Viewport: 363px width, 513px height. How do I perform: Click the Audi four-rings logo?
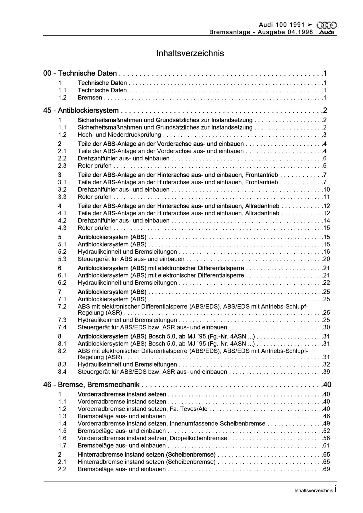coord(326,25)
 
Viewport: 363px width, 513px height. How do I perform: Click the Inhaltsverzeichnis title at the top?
coord(190,53)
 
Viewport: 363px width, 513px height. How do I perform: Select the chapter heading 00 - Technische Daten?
coord(80,73)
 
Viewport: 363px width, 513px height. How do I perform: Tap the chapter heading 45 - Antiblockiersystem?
coord(81,110)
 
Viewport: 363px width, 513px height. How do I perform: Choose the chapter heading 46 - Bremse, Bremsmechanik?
coord(91,384)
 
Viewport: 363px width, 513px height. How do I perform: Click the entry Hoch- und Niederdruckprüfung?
coord(119,135)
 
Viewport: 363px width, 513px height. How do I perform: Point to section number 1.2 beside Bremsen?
coord(62,98)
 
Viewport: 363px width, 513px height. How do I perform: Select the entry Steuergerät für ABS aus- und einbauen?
coord(131,259)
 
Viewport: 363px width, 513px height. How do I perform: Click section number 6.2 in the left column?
coord(62,283)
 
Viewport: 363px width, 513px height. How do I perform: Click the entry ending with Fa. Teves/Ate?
coord(143,409)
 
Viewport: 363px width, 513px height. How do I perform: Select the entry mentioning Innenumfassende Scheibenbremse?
coord(171,423)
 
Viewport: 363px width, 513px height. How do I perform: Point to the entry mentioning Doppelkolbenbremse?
coord(152,438)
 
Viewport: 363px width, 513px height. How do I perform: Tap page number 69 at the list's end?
coord(326,469)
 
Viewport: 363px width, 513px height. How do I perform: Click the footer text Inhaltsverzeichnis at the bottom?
coord(314,491)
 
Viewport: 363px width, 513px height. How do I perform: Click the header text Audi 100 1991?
coord(282,25)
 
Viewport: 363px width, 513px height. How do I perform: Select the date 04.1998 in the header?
coord(300,32)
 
